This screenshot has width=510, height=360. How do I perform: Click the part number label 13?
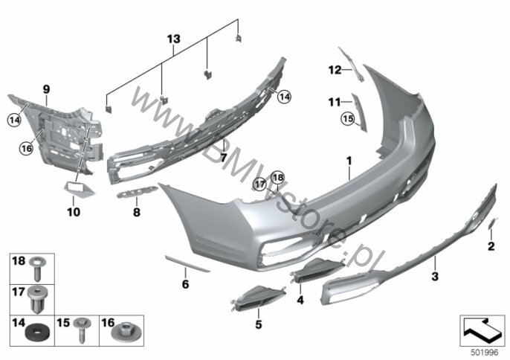click(174, 39)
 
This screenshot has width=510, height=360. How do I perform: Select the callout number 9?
click(46, 89)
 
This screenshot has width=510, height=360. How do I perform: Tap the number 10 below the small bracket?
click(74, 212)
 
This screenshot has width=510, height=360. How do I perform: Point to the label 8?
click(137, 212)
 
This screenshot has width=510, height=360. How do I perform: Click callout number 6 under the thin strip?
click(185, 284)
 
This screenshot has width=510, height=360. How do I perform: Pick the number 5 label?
click(259, 324)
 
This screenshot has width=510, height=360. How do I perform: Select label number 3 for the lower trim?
click(435, 277)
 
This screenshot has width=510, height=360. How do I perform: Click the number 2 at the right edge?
click(491, 246)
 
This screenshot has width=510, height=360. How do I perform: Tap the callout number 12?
click(335, 70)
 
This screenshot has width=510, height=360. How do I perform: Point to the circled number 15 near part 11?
click(348, 118)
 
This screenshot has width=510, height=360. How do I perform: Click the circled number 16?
click(26, 149)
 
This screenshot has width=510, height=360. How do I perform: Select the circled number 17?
click(260, 184)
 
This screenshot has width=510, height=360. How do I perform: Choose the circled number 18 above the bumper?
click(278, 177)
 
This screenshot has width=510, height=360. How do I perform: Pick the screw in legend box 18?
click(37, 269)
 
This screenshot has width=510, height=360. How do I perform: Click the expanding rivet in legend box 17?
click(37, 300)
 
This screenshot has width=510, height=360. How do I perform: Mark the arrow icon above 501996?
click(482, 331)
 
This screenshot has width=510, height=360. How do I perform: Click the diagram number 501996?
click(485, 353)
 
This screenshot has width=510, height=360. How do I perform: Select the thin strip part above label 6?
click(187, 263)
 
